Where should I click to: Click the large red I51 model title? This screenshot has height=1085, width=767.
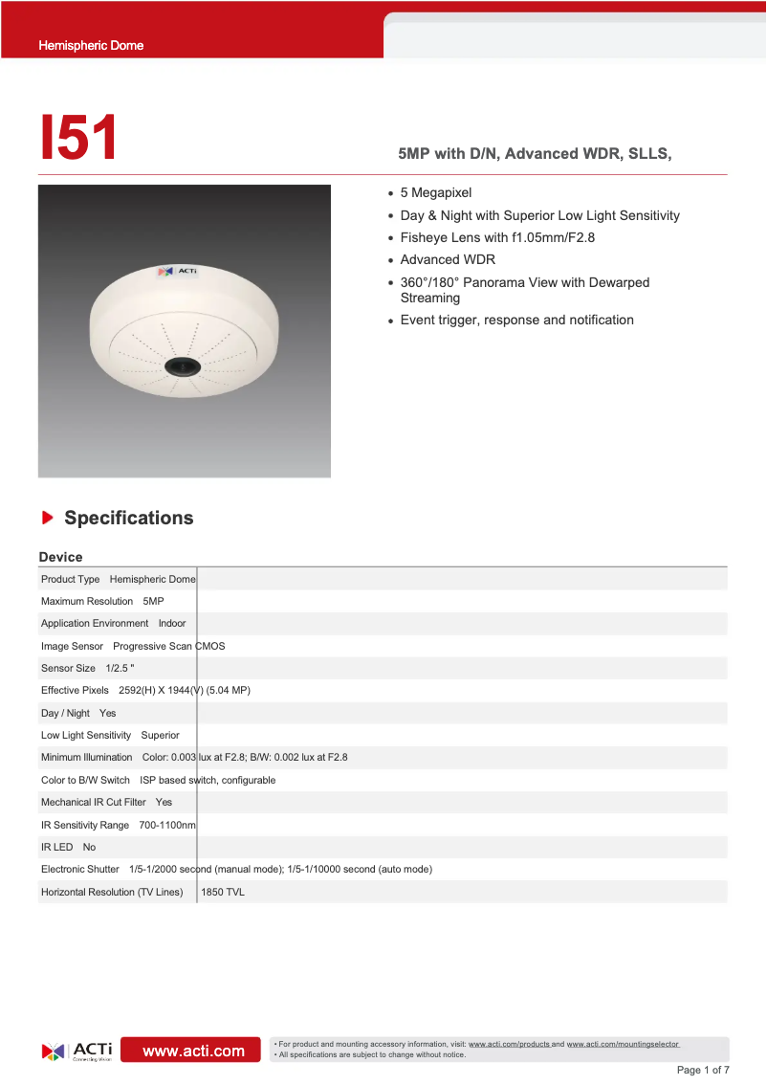click(78, 138)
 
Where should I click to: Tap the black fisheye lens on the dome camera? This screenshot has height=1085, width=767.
click(181, 365)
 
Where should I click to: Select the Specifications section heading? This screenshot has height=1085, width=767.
click(128, 518)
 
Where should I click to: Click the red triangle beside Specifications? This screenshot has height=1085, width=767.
click(47, 518)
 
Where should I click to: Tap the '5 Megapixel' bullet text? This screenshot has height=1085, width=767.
click(435, 192)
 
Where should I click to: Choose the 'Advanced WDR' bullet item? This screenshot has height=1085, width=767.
click(448, 259)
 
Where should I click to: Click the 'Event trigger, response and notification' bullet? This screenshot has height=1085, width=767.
click(516, 320)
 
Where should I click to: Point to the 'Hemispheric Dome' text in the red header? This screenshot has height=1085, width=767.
click(91, 45)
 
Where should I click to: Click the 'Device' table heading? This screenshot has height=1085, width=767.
click(60, 557)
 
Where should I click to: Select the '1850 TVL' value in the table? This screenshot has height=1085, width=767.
click(222, 892)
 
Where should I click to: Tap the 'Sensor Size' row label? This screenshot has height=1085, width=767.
click(68, 668)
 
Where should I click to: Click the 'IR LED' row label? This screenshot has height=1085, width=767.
click(56, 847)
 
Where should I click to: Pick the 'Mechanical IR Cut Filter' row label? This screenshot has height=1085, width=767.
click(94, 802)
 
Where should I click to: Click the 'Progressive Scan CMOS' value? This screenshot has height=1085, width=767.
click(169, 646)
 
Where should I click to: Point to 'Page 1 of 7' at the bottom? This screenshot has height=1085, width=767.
click(703, 1070)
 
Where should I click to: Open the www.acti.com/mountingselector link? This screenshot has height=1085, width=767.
click(623, 1044)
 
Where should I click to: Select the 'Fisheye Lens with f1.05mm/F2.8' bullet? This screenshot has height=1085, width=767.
click(497, 237)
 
